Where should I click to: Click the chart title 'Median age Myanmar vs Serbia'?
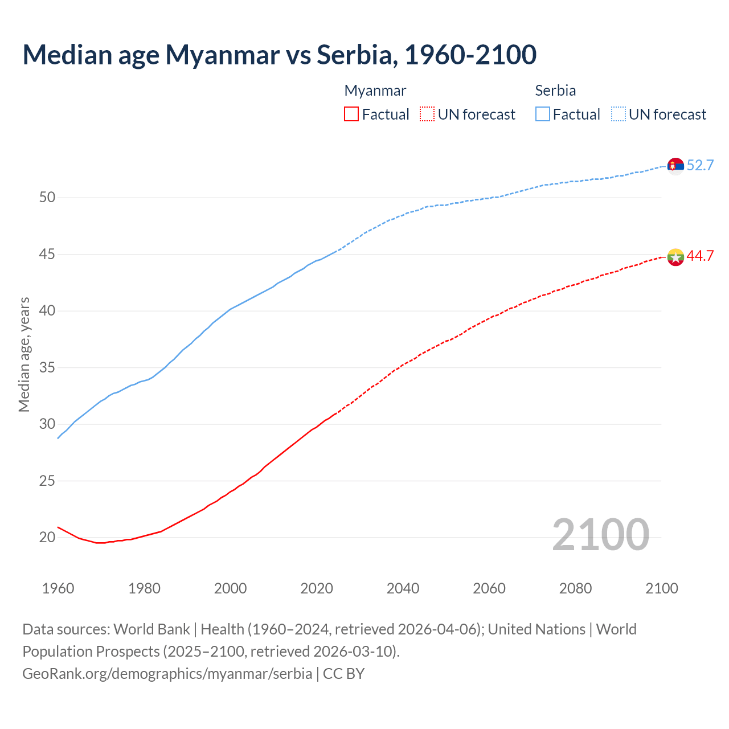pyautogui.click(x=279, y=55)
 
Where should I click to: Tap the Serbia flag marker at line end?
pyautogui.click(x=675, y=166)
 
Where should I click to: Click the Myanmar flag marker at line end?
pyautogui.click(x=675, y=257)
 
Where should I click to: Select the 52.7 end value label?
pyautogui.click(x=700, y=166)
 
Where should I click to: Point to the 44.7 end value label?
pyautogui.click(x=700, y=256)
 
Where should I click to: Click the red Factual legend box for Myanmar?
pyautogui.click(x=351, y=114)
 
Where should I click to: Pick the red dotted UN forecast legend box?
pyautogui.click(x=427, y=114)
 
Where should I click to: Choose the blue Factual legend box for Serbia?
pyautogui.click(x=543, y=114)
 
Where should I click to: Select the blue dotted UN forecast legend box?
pyautogui.click(x=619, y=114)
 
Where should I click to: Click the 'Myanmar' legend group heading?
pyautogui.click(x=375, y=91)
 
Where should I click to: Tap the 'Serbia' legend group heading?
pyautogui.click(x=555, y=91)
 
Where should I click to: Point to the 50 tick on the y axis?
pyautogui.click(x=47, y=198)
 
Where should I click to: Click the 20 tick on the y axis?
pyautogui.click(x=47, y=537)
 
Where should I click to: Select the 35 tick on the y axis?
pyautogui.click(x=47, y=367)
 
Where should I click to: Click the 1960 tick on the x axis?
pyautogui.click(x=58, y=588)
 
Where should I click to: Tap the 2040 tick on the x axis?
pyautogui.click(x=403, y=588)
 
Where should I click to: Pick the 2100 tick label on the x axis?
pyautogui.click(x=662, y=588)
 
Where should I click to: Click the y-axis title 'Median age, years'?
pyautogui.click(x=24, y=354)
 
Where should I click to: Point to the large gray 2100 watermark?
pyautogui.click(x=600, y=534)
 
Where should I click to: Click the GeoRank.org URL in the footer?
pyautogui.click(x=167, y=674)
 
